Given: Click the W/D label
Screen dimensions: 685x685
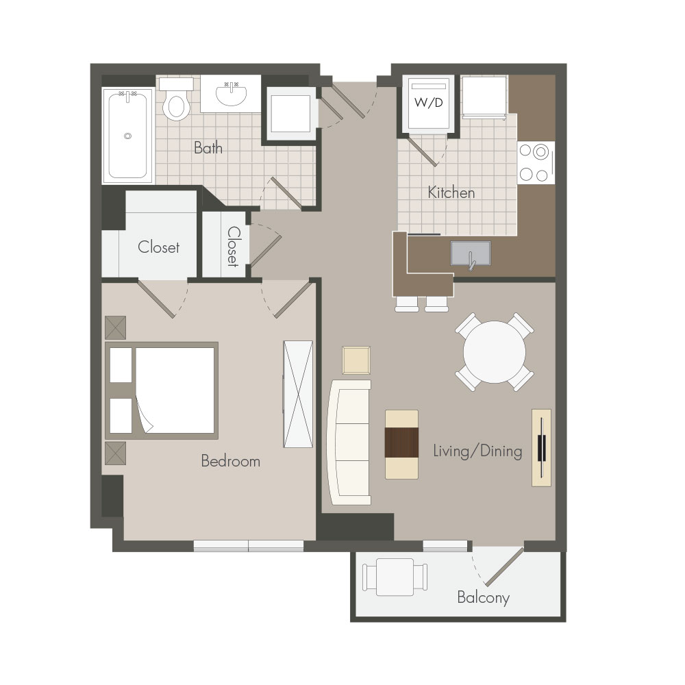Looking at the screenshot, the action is [x=429, y=103].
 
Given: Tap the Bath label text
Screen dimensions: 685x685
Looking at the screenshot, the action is [x=208, y=148].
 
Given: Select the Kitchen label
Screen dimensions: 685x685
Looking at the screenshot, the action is [x=451, y=192].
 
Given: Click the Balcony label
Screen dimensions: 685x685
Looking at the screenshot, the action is [x=483, y=597].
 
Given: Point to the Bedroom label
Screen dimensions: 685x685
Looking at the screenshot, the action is [x=230, y=461].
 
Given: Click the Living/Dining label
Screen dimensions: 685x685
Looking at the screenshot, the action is [x=477, y=451].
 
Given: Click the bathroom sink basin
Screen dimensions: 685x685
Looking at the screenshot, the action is [x=231, y=94].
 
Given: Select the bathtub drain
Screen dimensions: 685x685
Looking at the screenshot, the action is [x=127, y=136].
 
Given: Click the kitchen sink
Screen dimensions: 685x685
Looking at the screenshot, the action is [x=471, y=253].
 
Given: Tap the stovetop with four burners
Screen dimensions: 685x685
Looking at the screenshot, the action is [x=536, y=163].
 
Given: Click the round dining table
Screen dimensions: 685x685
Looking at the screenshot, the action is [x=494, y=352].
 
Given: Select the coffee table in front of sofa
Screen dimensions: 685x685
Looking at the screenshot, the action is [x=401, y=445].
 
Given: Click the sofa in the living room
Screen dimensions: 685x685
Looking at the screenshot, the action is [x=349, y=443].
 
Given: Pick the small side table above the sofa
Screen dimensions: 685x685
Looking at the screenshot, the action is [x=356, y=360].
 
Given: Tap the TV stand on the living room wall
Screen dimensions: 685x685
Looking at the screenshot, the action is [x=541, y=448].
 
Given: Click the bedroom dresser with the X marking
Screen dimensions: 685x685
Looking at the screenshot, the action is [x=298, y=394].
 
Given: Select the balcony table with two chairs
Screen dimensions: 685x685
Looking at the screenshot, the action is [x=395, y=577].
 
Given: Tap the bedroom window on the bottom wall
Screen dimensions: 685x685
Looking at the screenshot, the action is [x=249, y=546].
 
